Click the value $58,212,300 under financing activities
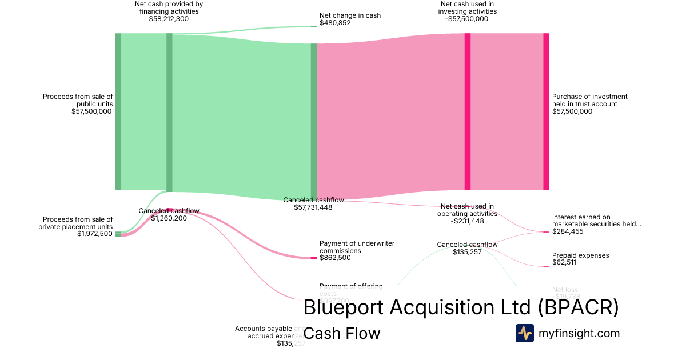point(169,19)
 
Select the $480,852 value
point(335,23)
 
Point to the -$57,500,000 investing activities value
point(467,19)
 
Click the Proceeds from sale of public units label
point(78,101)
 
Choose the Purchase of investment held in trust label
point(589,101)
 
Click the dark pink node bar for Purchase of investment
point(546,111)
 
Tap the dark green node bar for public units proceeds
point(118,111)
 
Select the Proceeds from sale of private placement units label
point(78,223)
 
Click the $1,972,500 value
point(95,234)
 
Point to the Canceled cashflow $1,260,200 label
point(169,214)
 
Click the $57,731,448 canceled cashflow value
point(313,207)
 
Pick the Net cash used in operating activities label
point(467,210)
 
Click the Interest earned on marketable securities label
point(596,221)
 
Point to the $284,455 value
point(568,231)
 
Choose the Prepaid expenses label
point(580,255)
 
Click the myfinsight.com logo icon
point(524,333)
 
